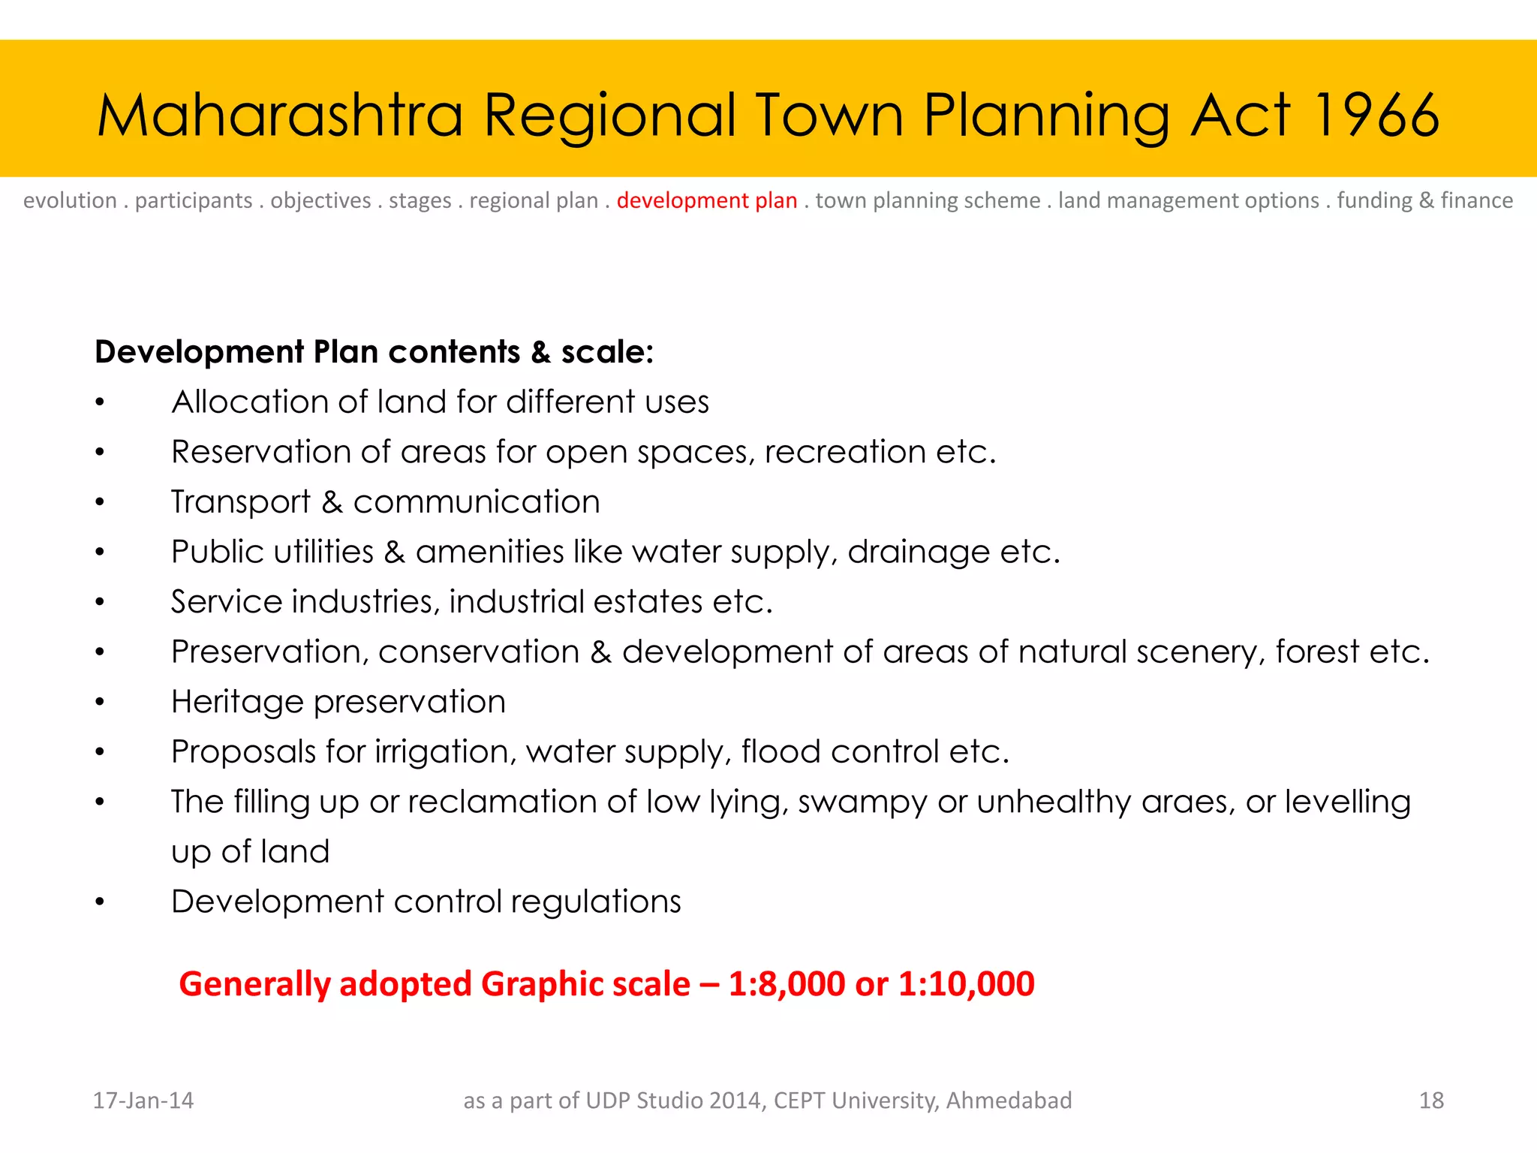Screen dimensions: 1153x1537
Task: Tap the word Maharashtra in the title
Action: coord(279,116)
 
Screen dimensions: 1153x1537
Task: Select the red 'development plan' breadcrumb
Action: coord(706,200)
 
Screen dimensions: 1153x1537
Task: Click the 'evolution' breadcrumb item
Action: coord(70,200)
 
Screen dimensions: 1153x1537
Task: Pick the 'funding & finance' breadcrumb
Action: coord(1424,200)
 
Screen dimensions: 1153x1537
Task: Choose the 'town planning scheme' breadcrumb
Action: coord(928,200)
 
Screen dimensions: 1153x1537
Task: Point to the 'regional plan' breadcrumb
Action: coord(534,200)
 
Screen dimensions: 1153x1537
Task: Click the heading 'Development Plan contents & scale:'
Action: coord(374,352)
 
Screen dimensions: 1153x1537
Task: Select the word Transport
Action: coord(240,501)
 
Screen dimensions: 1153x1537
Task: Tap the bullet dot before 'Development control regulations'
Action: coord(100,902)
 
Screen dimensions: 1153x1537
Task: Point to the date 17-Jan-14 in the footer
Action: coord(143,1100)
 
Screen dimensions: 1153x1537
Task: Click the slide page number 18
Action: coord(1431,1100)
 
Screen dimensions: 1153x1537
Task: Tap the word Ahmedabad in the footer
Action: coord(1009,1100)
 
